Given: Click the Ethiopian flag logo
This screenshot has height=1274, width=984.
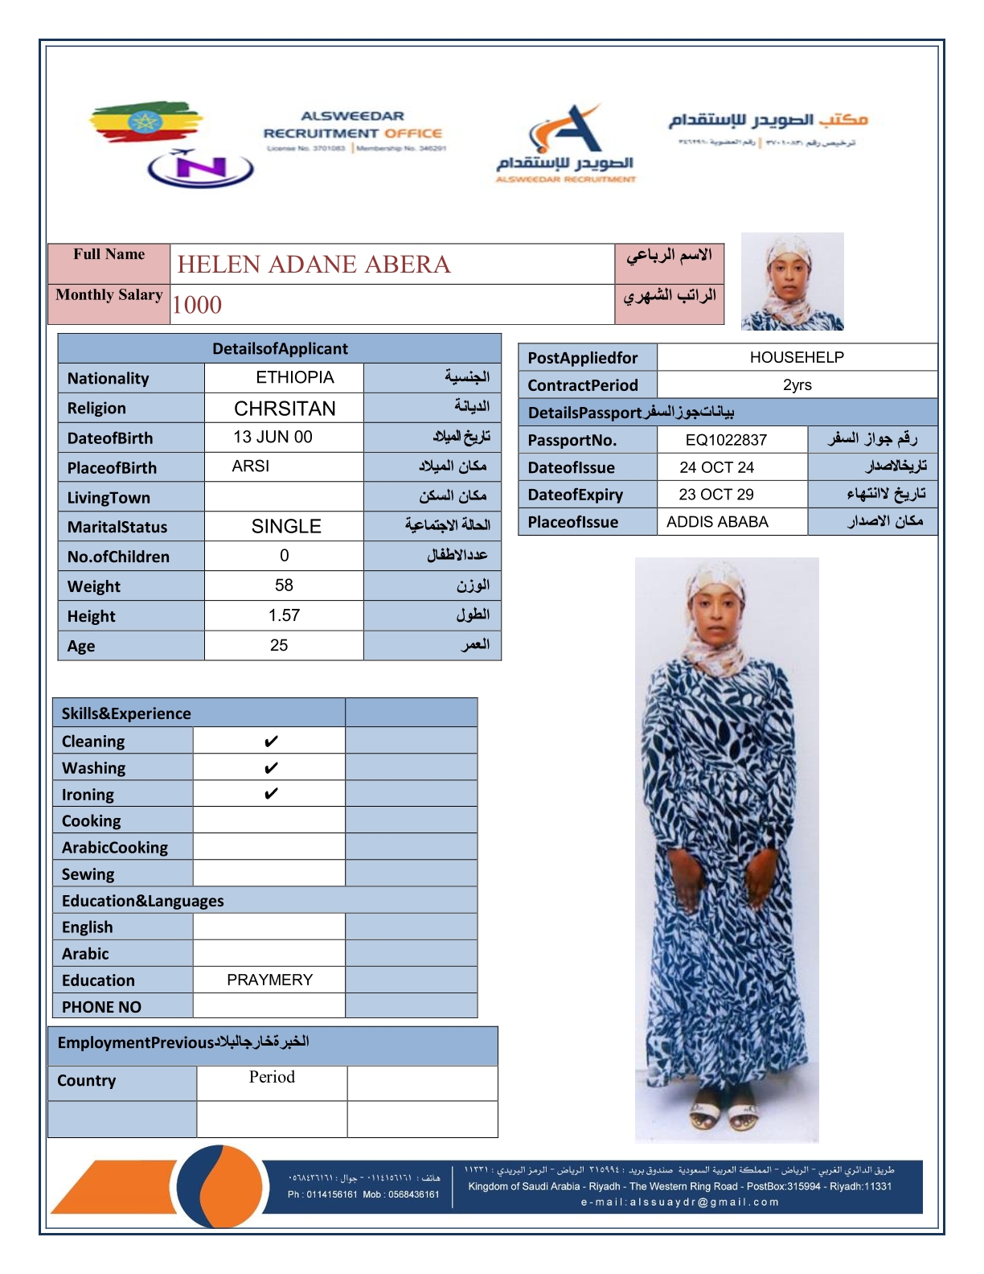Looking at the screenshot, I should tap(145, 122).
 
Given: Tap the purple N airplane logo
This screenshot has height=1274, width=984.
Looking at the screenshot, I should tap(201, 168).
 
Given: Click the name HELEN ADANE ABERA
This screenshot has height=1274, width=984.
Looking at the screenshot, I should tap(314, 265).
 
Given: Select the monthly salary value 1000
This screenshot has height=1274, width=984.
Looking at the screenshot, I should tap(197, 305).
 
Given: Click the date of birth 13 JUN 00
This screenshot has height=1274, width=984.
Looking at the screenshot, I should tap(273, 437).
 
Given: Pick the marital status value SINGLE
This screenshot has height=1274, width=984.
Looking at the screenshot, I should tap(286, 526).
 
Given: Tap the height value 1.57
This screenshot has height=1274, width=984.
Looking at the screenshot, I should tap(284, 615).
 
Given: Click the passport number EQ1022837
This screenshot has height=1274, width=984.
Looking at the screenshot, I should tap(726, 440).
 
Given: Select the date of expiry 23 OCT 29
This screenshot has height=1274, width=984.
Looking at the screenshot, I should tap(716, 494).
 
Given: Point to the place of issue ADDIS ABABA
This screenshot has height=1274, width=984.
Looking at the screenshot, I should tap(717, 522).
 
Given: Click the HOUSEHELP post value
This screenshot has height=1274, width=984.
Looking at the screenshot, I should tap(797, 357).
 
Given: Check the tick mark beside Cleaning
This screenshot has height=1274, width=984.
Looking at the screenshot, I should tap(271, 742).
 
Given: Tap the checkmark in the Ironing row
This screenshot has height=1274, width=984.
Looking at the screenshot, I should tap(271, 794).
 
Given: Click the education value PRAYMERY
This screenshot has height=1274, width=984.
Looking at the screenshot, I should tap(269, 980).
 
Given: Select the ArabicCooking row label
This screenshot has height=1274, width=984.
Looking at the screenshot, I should tap(115, 848).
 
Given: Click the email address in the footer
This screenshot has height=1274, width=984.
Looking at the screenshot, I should tap(679, 1202).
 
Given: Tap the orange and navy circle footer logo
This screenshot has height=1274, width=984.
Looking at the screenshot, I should tap(219, 1186).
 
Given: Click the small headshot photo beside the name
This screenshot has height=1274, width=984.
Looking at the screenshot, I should tap(792, 282).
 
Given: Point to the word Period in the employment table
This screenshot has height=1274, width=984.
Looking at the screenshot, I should tap(272, 1077).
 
